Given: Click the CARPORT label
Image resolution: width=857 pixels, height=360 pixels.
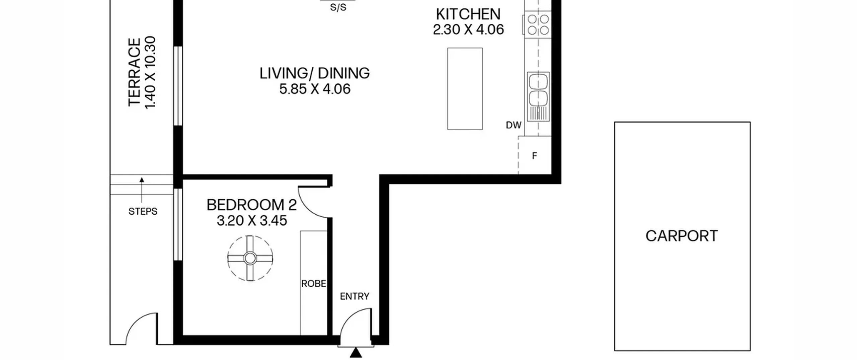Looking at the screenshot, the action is [x=682, y=236].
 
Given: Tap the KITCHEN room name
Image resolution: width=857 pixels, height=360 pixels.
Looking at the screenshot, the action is [x=468, y=14].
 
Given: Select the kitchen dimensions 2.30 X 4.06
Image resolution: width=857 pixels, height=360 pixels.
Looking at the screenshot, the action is [x=468, y=29].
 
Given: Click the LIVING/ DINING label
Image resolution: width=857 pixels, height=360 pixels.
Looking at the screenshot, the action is [x=315, y=73].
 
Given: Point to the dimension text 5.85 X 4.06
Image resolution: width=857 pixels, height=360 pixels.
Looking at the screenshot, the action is [x=315, y=89].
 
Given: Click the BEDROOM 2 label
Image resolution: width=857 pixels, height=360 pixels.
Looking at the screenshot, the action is [x=252, y=205].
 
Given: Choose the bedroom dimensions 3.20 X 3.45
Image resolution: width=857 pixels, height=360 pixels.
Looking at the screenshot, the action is [x=252, y=221].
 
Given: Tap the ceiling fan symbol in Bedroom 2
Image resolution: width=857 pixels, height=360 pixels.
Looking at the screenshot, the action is [x=250, y=258].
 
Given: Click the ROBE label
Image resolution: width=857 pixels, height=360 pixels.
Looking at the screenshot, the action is [x=314, y=284].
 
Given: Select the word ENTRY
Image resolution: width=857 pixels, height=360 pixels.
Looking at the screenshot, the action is [x=355, y=296].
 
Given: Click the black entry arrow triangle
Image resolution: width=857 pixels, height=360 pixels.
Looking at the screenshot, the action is [x=356, y=353].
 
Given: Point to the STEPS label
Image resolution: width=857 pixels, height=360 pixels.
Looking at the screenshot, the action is [x=143, y=212].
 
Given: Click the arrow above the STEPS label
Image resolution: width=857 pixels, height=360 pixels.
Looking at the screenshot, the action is [x=142, y=190].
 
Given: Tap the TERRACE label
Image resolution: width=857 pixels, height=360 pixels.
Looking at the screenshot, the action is [x=134, y=72].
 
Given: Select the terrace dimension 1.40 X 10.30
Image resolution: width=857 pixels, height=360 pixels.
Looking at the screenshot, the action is [x=150, y=72].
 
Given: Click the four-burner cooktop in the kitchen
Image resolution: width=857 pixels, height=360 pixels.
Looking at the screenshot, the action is [x=538, y=24].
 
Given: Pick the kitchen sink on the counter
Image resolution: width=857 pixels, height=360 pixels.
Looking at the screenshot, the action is [x=538, y=96].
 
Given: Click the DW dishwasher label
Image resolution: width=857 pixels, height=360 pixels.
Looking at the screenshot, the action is [x=514, y=125].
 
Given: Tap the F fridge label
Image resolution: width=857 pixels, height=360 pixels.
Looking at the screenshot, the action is [x=535, y=156].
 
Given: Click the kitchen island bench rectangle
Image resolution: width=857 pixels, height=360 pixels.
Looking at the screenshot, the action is [x=465, y=89].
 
